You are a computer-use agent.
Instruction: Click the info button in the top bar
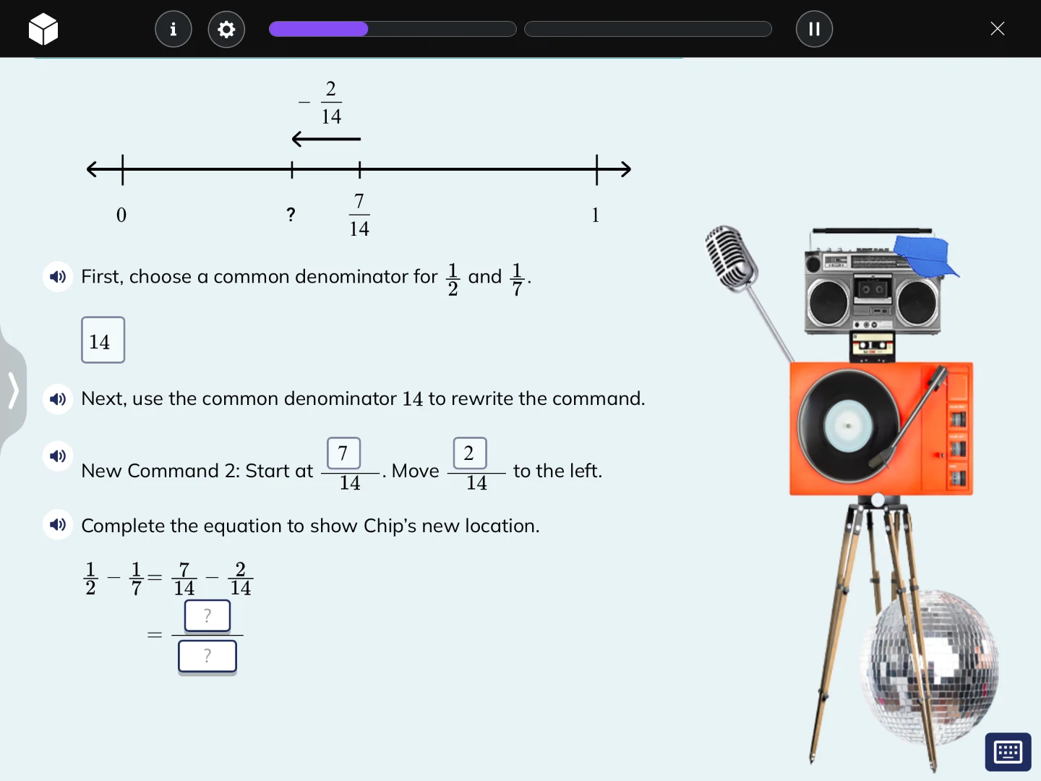tap(173, 29)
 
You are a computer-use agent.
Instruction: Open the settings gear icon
tap(226, 29)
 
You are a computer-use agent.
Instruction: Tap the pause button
tap(814, 29)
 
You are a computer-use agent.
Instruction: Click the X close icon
tap(998, 29)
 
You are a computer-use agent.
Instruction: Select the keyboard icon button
tap(1008, 752)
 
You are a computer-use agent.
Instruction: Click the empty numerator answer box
tap(207, 616)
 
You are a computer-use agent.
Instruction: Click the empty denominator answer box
tap(207, 657)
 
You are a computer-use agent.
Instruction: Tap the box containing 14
tap(103, 340)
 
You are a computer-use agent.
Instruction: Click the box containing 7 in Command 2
tap(343, 453)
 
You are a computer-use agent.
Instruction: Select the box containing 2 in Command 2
tap(469, 453)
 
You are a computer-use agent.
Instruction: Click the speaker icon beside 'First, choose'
tap(58, 276)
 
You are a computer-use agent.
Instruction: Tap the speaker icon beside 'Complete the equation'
tap(58, 524)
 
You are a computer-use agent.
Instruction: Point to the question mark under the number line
tap(291, 214)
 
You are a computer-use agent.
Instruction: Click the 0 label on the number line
tap(121, 215)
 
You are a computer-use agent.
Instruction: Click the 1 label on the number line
tap(596, 215)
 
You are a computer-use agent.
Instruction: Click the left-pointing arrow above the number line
tap(325, 138)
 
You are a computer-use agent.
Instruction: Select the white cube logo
tap(43, 29)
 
